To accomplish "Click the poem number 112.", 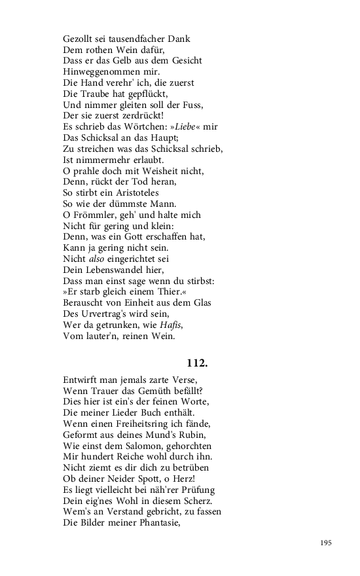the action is pyautogui.click(x=197, y=361).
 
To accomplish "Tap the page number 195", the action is pyautogui.click(x=326, y=543).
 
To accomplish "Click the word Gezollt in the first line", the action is pyautogui.click(x=79, y=39).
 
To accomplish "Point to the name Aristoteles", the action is pyautogui.click(x=130, y=193).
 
